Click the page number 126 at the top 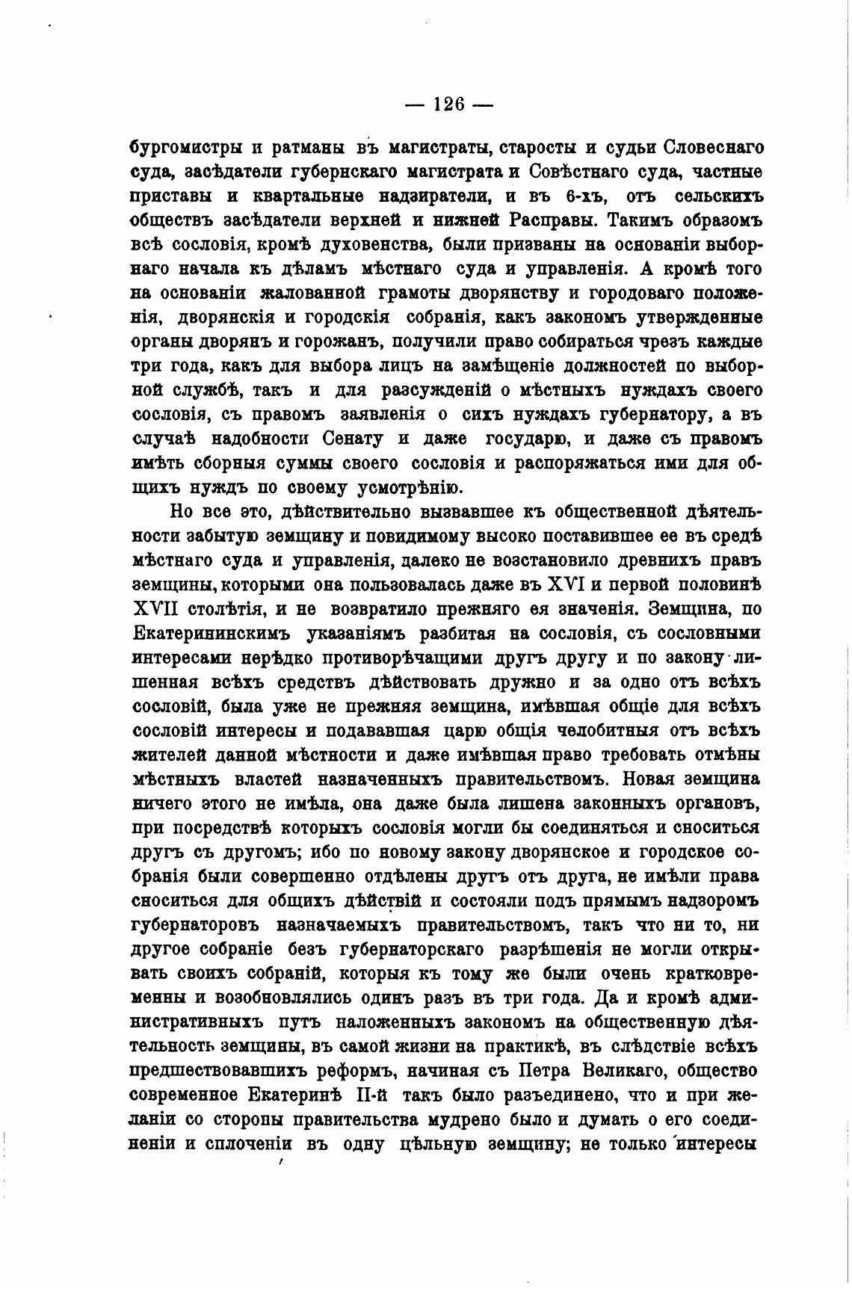(448, 105)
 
